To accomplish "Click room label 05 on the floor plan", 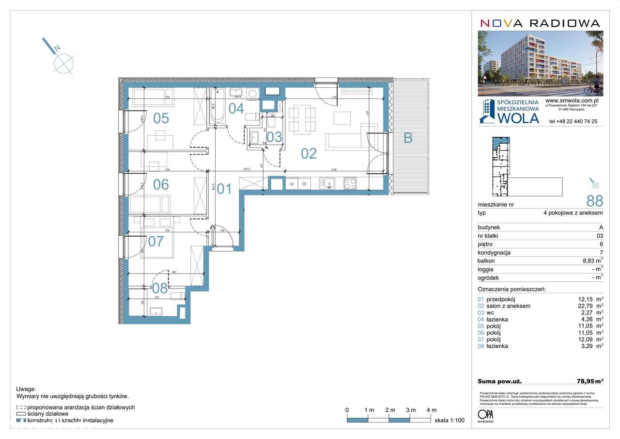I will click(x=161, y=118).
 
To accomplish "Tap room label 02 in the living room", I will click(x=309, y=153).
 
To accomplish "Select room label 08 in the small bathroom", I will click(x=160, y=288).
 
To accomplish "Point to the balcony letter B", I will click(x=408, y=138).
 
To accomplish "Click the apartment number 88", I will click(x=594, y=200).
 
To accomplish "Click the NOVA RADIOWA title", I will click(x=540, y=23).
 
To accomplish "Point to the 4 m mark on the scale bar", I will click(x=431, y=410).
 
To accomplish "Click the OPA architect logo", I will click(x=485, y=416).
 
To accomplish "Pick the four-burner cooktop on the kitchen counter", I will click(x=350, y=184).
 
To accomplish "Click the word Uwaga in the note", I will click(x=26, y=389).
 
